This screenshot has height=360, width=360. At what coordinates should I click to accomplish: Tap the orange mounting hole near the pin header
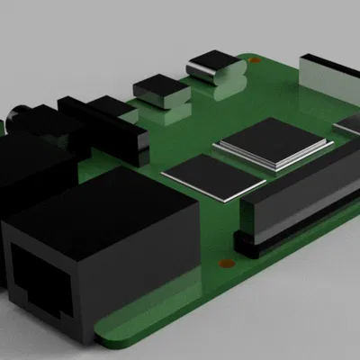tap(225, 263)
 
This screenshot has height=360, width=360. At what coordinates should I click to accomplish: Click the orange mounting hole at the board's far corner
tap(256, 61)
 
